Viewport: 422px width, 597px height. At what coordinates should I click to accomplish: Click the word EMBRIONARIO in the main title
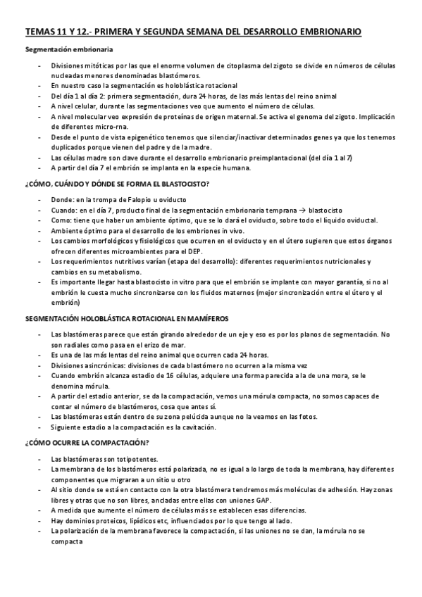pos(330,32)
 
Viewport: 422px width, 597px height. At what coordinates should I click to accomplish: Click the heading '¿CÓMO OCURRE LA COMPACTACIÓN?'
pos(86,444)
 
